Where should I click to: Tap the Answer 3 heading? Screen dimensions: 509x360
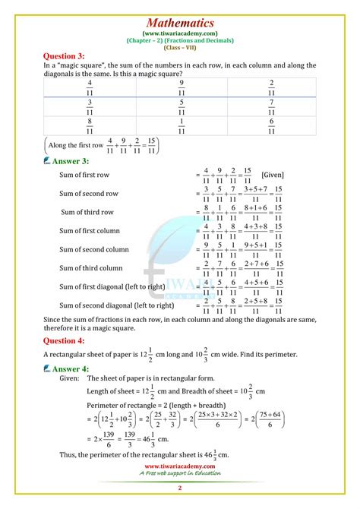click(71, 160)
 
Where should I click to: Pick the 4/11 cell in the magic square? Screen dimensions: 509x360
click(90, 87)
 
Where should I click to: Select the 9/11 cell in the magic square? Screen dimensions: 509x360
click(181, 87)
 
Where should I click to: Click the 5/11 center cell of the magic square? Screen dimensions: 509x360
click(181, 106)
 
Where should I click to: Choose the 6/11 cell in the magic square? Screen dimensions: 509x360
click(271, 125)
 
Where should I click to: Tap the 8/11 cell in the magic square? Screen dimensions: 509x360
click(90, 125)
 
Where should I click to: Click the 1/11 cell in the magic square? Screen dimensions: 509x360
click(181, 125)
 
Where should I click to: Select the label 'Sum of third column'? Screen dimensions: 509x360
click(91, 267)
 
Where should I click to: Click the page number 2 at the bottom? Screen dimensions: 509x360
click(179, 488)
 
